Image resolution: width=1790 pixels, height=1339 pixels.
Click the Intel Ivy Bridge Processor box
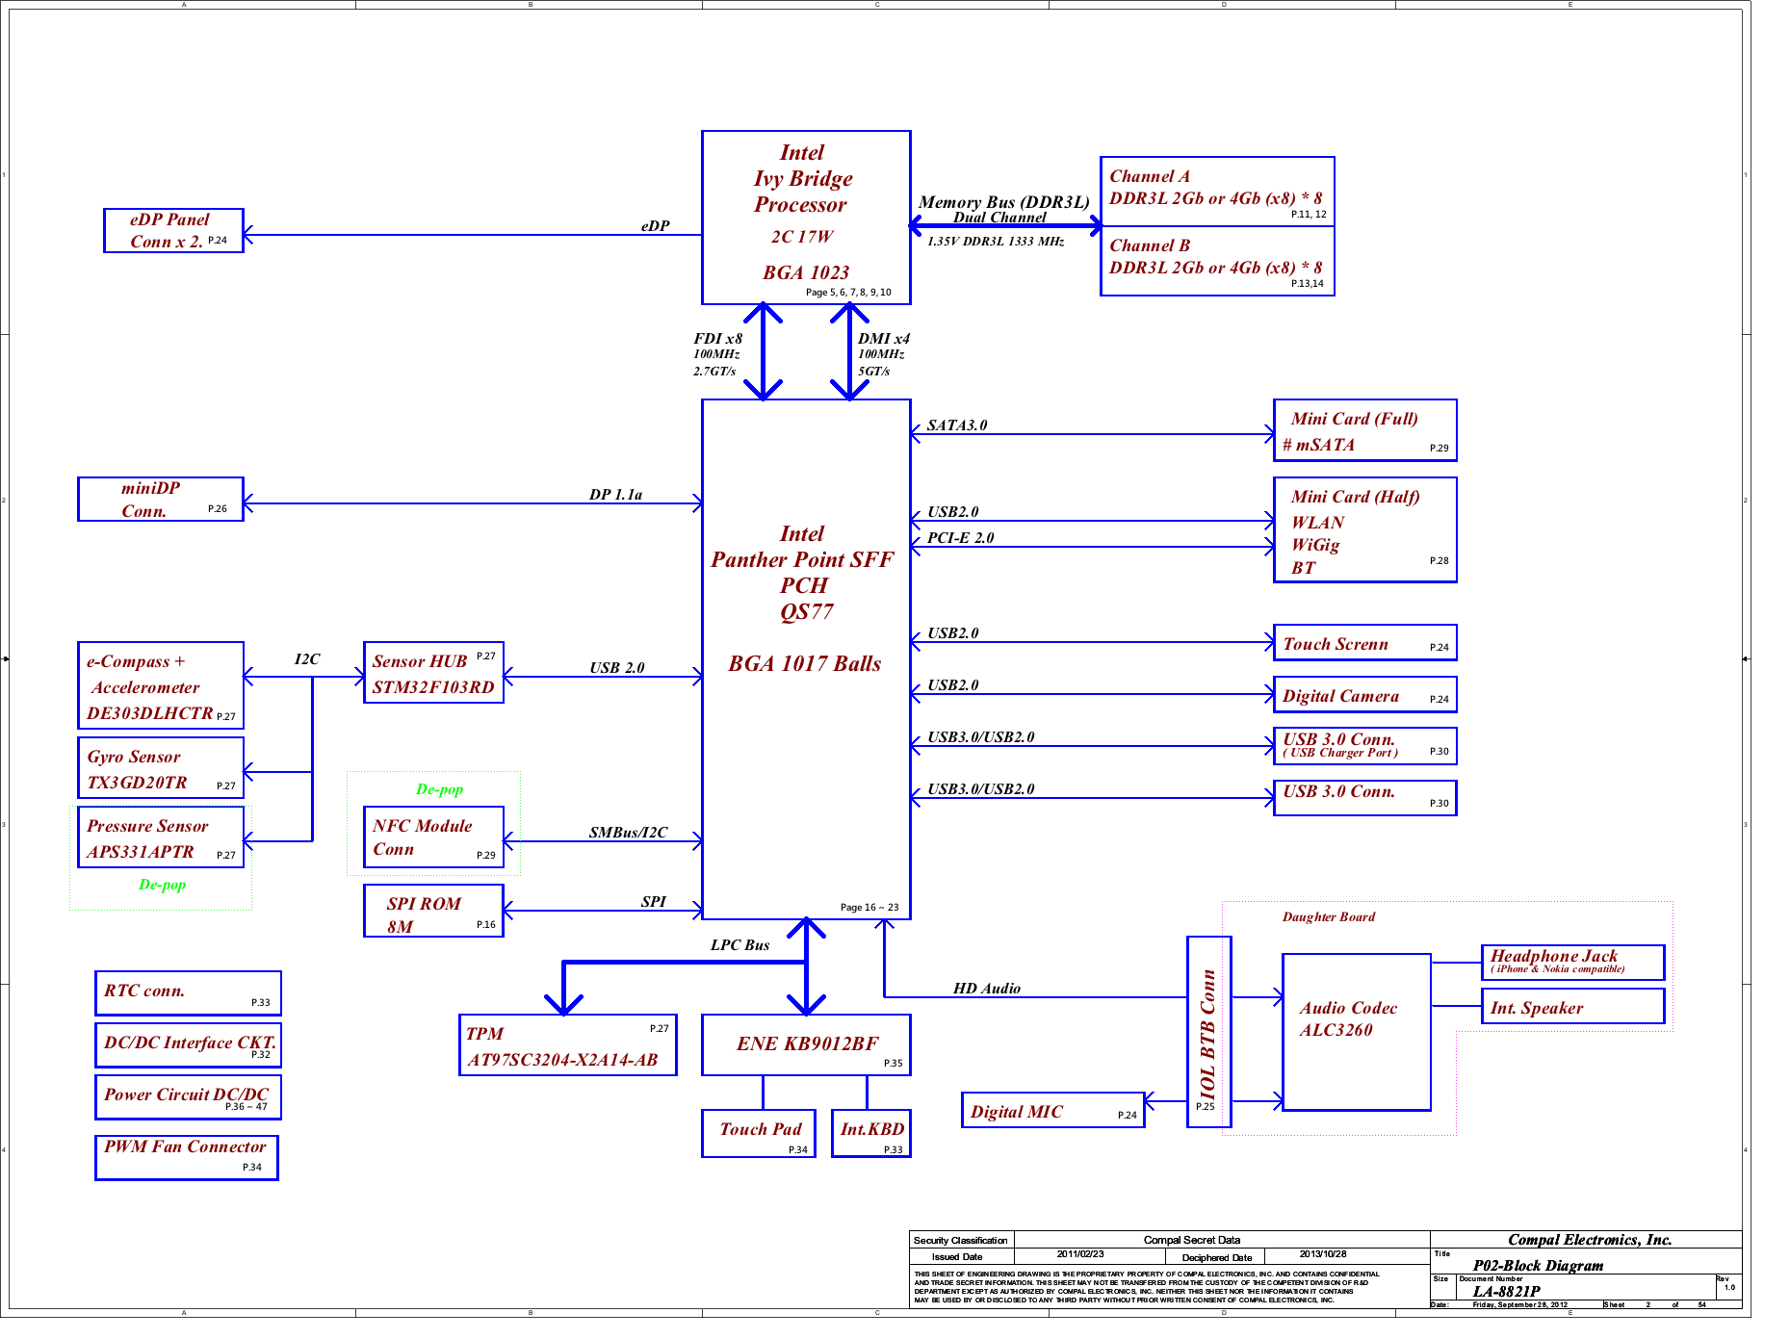pos(805,218)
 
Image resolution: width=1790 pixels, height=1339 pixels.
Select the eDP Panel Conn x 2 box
pos(173,231)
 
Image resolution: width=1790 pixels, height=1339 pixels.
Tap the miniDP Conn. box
pos(160,500)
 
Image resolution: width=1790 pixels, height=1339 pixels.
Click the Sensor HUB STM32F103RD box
pos(433,673)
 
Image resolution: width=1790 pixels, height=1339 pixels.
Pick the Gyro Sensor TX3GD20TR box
pos(160,768)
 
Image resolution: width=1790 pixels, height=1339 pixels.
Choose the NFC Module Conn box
pos(433,837)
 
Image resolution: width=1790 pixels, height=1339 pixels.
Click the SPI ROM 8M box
pos(433,911)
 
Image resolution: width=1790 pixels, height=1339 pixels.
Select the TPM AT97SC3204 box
pos(567,1045)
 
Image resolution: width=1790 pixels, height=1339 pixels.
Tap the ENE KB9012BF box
pos(806,1045)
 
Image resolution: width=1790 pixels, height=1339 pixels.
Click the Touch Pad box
pos(759,1133)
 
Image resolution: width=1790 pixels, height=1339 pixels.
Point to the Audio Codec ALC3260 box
pos(1356,1032)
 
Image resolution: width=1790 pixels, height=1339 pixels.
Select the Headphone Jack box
pos(1571,962)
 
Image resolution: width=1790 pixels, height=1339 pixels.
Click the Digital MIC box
pos(1052,1110)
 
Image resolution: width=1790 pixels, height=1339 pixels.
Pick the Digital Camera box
pos(1364,695)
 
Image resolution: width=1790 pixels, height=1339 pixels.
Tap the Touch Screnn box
pos(1364,643)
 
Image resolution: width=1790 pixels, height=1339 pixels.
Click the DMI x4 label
pos(883,339)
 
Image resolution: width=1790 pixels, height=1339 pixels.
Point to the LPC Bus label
pos(739,945)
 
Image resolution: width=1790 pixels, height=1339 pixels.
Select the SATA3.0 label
pos(956,425)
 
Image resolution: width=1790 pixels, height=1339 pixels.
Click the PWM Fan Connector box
pos(186,1157)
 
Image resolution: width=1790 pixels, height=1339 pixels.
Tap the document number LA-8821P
pos(1506,1292)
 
